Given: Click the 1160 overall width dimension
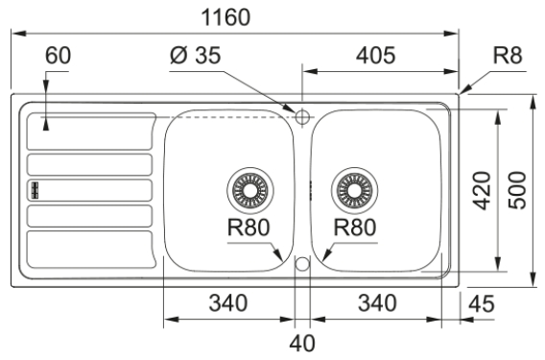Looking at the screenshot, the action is pos(225,17).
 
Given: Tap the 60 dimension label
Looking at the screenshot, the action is pos(58,55).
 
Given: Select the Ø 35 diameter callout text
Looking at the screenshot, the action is pos(196,55).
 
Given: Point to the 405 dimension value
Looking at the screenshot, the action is pos(376,56).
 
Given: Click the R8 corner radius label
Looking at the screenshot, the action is pos(508,55).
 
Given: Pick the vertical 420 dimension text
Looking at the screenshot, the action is pos(483,191).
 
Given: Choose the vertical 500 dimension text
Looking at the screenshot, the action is pos(517,190).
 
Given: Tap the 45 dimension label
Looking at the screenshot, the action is pos(481,303).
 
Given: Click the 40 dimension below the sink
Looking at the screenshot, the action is pos(302,343).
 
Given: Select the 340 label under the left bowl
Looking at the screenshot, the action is pos(228,302).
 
